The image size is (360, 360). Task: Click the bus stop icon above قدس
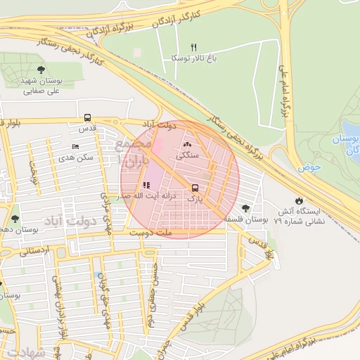pos(87,118)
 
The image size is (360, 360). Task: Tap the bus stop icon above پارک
pos(195,188)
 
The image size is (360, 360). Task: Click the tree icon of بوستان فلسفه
pos(245,208)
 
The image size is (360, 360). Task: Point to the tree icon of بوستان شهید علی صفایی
pos(41,69)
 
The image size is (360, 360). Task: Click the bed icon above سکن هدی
pos(75,147)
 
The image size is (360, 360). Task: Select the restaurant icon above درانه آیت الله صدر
pos(146,185)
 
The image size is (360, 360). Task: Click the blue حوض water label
pos(309,168)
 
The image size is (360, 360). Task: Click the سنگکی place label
pos(187,155)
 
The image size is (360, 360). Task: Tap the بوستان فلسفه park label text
pos(246,220)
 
